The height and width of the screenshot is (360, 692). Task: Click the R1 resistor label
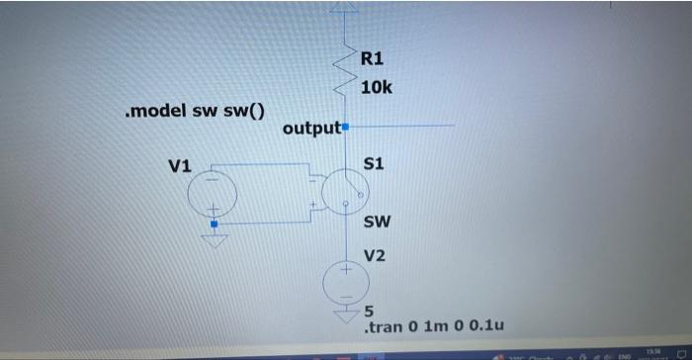[x=373, y=57]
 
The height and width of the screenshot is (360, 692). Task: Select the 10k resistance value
[x=376, y=88]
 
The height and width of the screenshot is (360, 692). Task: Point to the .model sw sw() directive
[x=197, y=110]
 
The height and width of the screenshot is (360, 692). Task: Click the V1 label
[x=180, y=165]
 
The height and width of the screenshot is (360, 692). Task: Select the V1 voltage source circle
[x=213, y=192]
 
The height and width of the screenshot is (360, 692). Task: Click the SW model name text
[x=376, y=222]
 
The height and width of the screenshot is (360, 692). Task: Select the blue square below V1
[x=214, y=224]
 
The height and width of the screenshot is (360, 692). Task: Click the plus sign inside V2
[x=346, y=269]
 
